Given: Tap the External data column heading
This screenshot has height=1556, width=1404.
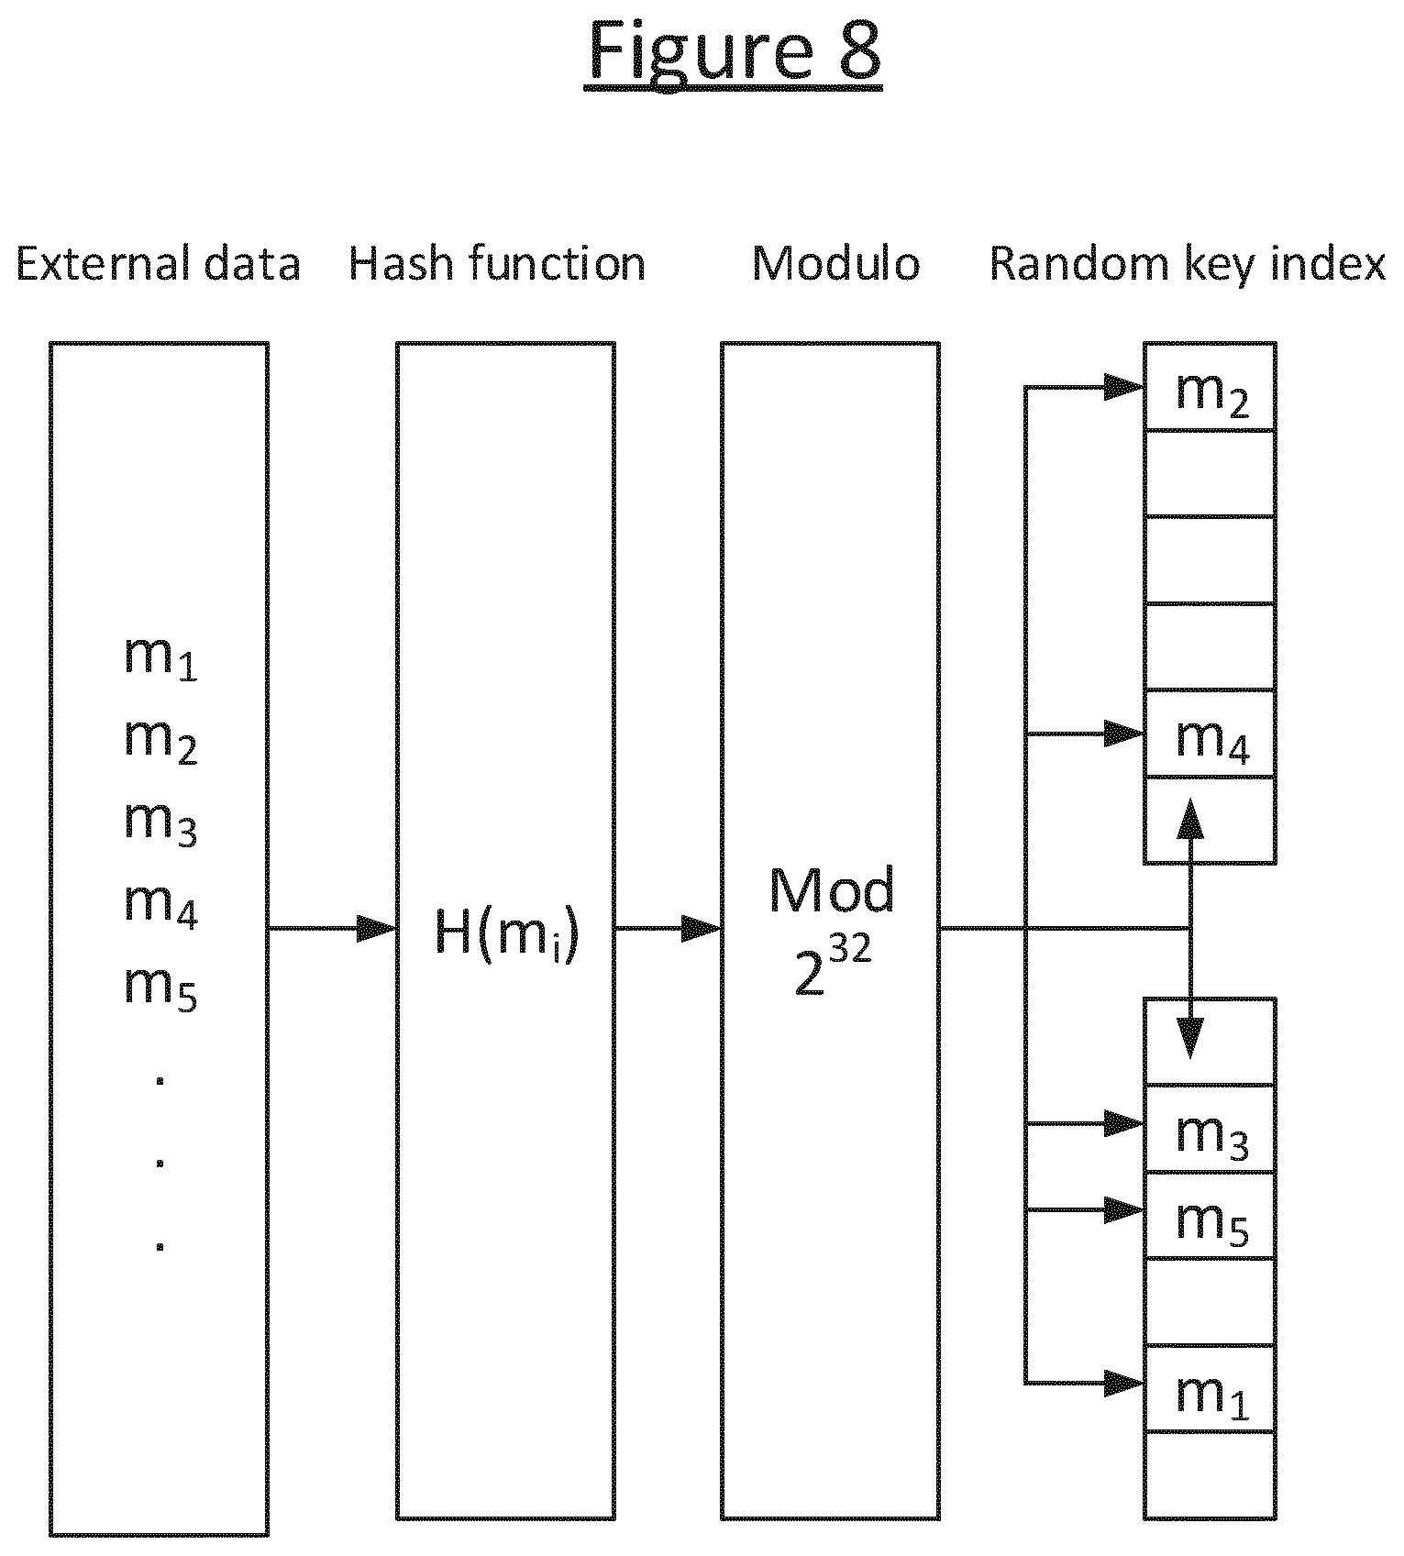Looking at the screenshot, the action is pos(159,264).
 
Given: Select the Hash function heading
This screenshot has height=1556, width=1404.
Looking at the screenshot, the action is pos(497,264).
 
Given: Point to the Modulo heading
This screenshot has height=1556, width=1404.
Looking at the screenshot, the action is pos(835,264).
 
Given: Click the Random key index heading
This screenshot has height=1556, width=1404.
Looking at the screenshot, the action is pos(1188,265).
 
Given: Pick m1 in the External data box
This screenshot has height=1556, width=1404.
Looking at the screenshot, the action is pos(160,657).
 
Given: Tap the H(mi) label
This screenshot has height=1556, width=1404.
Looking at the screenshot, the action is pos(506,936).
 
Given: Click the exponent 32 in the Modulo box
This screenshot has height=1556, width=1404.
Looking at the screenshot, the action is pos(848,950).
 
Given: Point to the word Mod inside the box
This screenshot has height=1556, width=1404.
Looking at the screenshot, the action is pos(832,890).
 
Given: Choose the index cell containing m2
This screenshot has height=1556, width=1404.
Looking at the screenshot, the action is pos(1210,387).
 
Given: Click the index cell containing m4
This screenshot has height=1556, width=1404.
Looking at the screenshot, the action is pos(1210,734).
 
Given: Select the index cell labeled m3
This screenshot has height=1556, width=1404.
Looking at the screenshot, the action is pos(1210,1129).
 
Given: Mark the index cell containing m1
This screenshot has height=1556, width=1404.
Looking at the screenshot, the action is pos(1210,1389).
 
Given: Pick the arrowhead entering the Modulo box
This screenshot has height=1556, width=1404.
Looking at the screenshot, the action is pos(702,929).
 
